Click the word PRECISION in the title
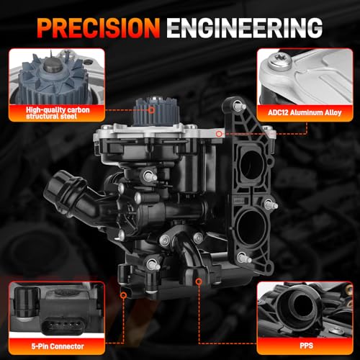pos(99,28)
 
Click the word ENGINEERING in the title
pos(245,28)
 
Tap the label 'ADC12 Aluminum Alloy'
pos(305,112)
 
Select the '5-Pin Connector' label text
pos(58,346)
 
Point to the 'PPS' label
pos(307,346)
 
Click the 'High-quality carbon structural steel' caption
pos(58,113)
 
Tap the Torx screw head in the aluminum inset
pos(280,62)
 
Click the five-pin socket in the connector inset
pos(63,325)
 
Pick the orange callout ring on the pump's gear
pos(151,110)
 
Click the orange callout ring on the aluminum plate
pos(219,134)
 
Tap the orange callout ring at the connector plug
pos(123,295)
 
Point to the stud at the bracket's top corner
pos(239,105)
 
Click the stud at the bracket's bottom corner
pos(244,258)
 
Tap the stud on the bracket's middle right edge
pos(271,204)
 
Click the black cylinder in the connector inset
pos(27,302)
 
